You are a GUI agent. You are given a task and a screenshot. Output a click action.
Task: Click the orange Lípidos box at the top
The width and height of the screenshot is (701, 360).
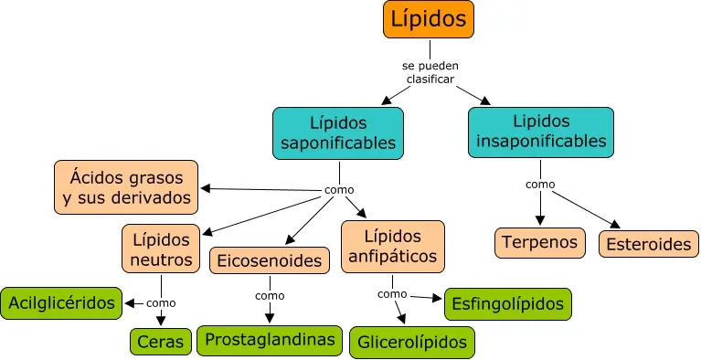pos(429,19)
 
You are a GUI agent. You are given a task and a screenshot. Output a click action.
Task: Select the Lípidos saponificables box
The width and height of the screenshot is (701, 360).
pos(338,133)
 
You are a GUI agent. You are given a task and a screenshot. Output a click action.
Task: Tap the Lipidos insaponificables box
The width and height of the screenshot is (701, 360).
pos(540,131)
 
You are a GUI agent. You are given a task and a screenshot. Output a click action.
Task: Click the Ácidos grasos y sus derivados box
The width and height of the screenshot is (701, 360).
pos(126,186)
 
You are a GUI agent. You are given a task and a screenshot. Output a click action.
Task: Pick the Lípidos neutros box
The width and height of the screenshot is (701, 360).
pos(160,249)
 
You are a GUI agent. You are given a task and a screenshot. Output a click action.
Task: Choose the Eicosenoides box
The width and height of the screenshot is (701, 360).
pos(269,261)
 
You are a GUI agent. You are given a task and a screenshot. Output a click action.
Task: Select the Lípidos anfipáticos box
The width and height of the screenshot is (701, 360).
pos(392,246)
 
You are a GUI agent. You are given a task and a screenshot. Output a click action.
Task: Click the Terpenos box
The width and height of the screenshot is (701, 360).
pos(539,243)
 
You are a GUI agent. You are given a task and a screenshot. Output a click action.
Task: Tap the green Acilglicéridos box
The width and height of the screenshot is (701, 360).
pos(61,302)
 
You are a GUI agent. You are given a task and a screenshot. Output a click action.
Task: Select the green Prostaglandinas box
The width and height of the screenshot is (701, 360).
pos(270,340)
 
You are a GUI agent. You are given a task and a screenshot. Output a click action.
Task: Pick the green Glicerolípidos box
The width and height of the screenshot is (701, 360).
pos(412,342)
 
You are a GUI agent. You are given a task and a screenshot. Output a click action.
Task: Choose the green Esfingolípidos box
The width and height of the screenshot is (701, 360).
pos(508,303)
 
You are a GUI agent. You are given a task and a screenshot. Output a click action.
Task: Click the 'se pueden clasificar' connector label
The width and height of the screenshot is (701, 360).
pos(429,72)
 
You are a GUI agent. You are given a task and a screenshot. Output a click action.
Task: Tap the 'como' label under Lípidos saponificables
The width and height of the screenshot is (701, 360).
pos(339,190)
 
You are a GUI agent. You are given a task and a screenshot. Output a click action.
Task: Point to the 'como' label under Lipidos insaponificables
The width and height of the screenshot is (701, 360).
pos(540,184)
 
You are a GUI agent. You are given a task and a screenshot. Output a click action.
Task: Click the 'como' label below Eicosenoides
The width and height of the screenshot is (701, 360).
pos(270,295)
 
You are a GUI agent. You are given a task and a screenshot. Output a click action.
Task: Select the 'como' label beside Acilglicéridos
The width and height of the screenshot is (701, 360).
pos(161,302)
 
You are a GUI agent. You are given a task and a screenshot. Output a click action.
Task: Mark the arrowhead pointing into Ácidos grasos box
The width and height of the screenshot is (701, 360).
pos(205,188)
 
